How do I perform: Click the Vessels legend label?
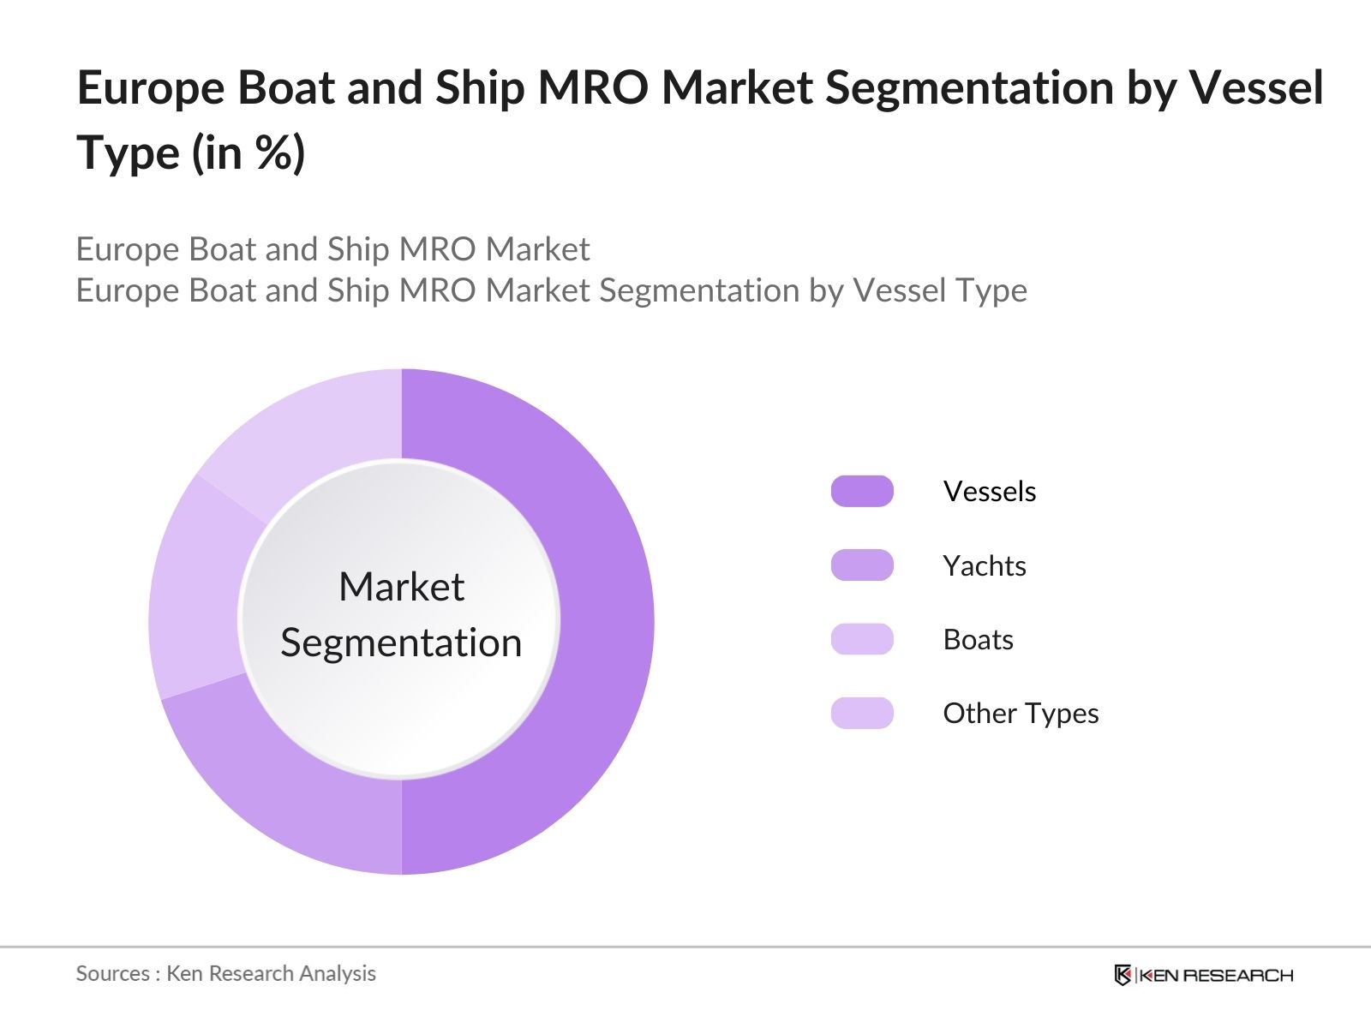(989, 492)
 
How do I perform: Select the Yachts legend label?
(984, 566)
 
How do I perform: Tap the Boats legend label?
(978, 640)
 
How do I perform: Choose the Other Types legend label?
(1020, 714)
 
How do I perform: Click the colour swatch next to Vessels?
(862, 492)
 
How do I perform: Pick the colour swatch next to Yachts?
(862, 565)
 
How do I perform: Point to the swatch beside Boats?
(862, 640)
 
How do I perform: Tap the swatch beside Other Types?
(862, 714)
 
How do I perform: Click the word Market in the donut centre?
(401, 588)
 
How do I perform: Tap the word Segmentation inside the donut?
(401, 643)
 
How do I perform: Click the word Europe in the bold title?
(151, 89)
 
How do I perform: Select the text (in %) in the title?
(248, 154)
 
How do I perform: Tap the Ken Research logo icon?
(1123, 975)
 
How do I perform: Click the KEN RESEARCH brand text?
(1215, 975)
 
